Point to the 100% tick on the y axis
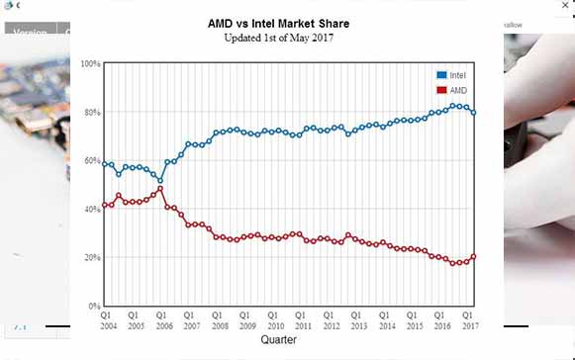click(x=91, y=64)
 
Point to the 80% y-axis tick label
click(x=92, y=113)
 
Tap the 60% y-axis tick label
click(x=92, y=161)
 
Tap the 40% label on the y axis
click(x=92, y=210)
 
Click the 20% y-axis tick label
click(x=92, y=258)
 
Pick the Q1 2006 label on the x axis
click(x=161, y=320)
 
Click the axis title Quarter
click(x=278, y=339)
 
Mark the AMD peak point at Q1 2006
click(x=160, y=188)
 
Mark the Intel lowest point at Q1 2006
click(x=160, y=181)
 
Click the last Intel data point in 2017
click(x=474, y=113)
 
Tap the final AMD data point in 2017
click(x=474, y=256)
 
